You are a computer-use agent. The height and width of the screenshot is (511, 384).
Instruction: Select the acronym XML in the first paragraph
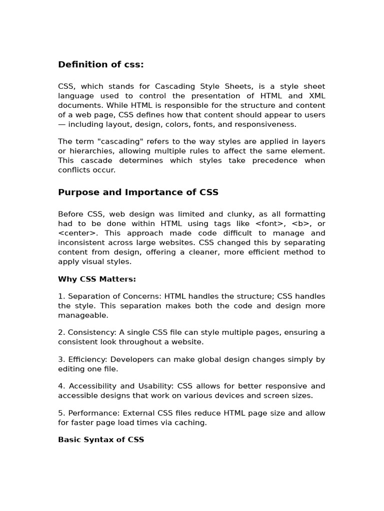click(316, 96)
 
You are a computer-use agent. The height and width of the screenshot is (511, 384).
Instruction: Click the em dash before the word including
click(62, 125)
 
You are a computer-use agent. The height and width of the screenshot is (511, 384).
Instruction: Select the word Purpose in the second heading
click(76, 193)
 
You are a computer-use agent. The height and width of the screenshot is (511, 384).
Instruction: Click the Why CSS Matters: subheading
click(97, 279)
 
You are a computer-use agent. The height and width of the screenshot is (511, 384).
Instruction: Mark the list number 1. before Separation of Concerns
click(61, 296)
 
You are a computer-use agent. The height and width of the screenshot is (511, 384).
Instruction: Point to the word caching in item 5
click(190, 423)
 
